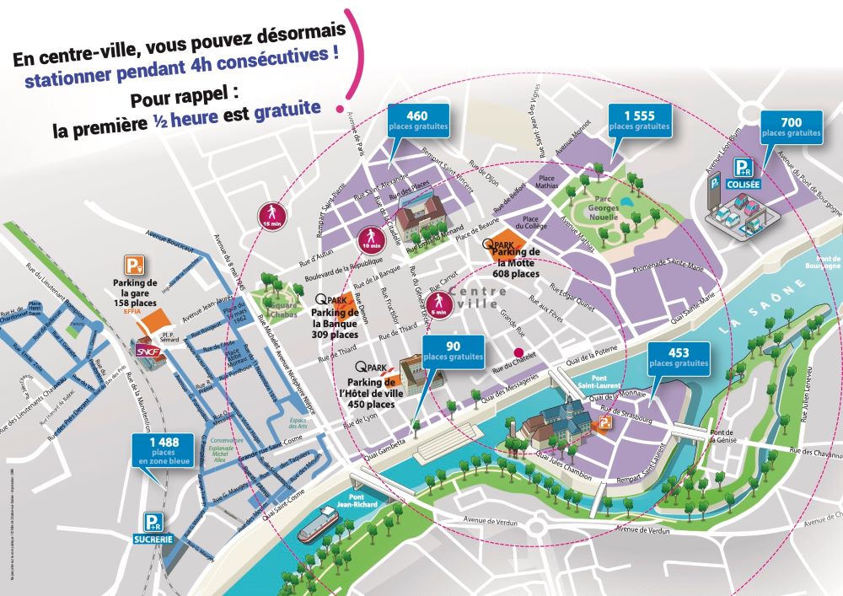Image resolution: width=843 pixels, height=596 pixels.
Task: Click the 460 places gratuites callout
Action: [418, 120]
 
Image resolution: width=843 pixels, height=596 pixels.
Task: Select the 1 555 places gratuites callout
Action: [641, 120]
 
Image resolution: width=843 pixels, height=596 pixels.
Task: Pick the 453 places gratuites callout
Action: [679, 357]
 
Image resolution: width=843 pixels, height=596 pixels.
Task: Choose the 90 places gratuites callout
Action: [453, 351]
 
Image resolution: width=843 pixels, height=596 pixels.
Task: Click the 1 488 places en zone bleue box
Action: [162, 449]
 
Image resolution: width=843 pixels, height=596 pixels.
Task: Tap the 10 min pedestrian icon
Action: [369, 239]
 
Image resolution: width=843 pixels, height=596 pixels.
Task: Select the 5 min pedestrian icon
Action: [438, 304]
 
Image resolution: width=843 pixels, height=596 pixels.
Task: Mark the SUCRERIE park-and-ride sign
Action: [153, 529]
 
